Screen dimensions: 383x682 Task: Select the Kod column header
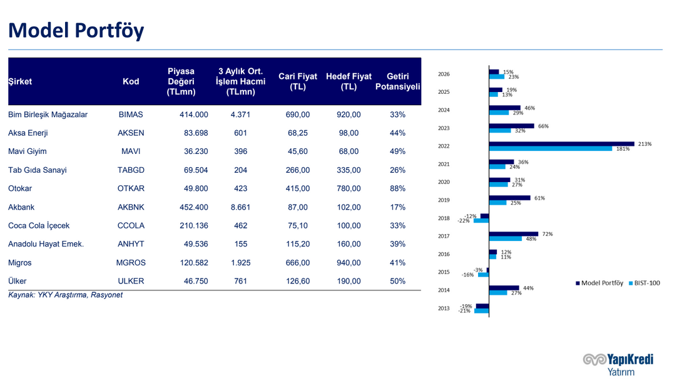click(131, 81)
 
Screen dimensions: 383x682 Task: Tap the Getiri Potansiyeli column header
click(397, 81)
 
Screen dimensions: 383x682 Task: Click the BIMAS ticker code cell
click(131, 115)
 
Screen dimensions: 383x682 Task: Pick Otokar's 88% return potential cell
click(397, 188)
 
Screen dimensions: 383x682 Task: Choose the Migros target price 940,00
click(348, 263)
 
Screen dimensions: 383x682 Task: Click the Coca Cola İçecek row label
click(39, 226)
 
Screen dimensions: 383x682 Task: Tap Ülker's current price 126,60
click(297, 281)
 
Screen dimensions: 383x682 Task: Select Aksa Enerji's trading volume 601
click(240, 133)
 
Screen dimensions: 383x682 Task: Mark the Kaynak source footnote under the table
click(65, 295)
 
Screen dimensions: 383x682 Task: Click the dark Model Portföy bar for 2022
click(561, 144)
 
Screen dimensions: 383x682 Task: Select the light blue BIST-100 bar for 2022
click(551, 149)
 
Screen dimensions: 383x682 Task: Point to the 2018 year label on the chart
click(444, 218)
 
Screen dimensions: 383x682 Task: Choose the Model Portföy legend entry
click(599, 283)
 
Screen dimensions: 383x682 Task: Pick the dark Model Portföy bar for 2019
click(509, 198)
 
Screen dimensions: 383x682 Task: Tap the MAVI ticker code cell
click(131, 151)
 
